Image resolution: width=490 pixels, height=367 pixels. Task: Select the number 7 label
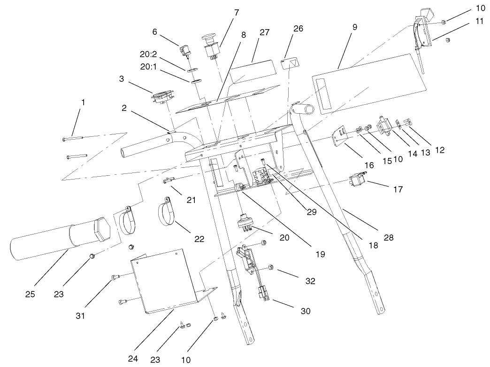click(236, 13)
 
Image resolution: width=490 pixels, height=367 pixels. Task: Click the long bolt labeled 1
click(73, 138)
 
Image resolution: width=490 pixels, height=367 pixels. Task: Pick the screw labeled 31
click(114, 278)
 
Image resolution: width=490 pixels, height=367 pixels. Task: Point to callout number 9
click(354, 27)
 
